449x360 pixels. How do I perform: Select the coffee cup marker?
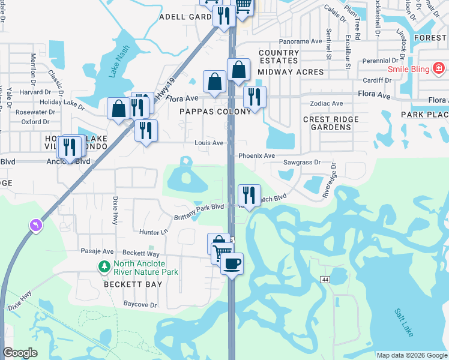click(x=232, y=263)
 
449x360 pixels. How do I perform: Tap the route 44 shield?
click(x=325, y=280)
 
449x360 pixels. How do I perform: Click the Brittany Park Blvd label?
click(x=199, y=212)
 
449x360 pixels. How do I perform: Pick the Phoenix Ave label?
click(x=256, y=155)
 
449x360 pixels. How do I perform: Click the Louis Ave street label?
click(x=209, y=143)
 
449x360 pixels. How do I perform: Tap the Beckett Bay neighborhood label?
click(x=133, y=284)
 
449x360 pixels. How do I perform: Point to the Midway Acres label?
click(x=291, y=72)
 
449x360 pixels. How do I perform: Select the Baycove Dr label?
click(x=140, y=305)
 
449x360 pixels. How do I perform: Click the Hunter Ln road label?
click(x=153, y=232)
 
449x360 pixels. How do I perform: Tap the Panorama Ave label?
click(x=301, y=41)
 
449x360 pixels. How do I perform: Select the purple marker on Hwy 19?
click(x=37, y=225)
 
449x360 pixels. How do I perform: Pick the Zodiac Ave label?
click(x=326, y=104)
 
